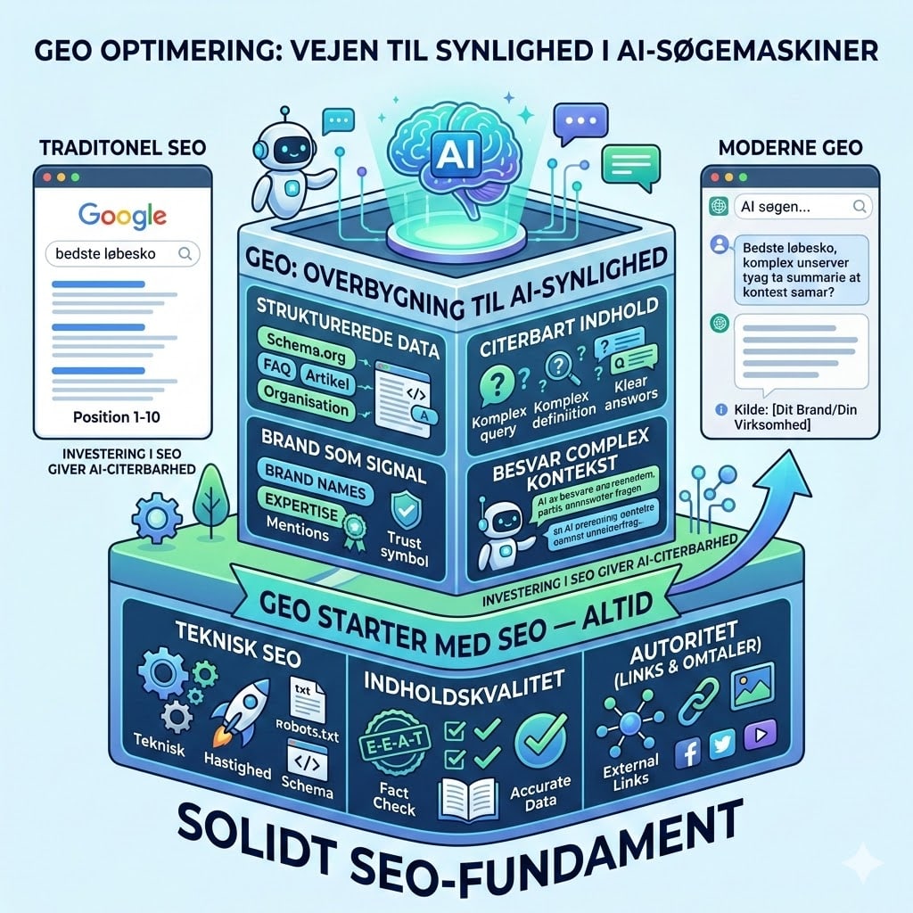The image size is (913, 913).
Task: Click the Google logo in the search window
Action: [x=122, y=215]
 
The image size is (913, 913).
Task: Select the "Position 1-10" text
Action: [x=121, y=415]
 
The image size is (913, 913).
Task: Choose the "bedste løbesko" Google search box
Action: [x=121, y=253]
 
